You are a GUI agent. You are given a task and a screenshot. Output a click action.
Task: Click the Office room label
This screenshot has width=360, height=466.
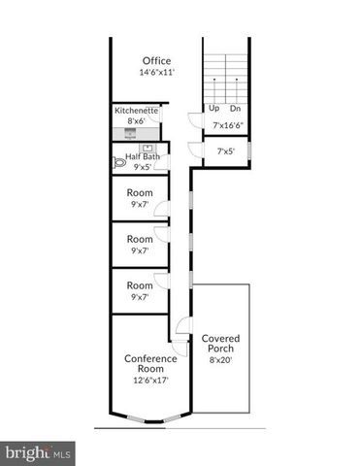tap(155, 60)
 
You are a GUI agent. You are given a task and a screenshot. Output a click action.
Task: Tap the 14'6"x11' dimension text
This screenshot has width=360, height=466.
tap(155, 72)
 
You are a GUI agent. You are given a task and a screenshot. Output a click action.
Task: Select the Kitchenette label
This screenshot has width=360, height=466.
tap(136, 111)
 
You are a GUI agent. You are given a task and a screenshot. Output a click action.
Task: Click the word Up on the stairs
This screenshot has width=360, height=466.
tap(213, 109)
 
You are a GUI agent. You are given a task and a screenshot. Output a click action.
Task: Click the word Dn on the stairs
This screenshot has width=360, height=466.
tap(235, 109)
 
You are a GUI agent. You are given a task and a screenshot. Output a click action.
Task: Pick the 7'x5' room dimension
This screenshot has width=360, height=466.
tap(226, 150)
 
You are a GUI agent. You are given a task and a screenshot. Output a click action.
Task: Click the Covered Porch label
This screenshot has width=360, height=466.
tap(220, 343)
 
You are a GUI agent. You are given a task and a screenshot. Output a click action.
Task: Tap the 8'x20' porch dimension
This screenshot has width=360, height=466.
tap(220, 360)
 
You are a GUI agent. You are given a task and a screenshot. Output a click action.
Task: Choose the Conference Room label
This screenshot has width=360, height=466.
tap(150, 364)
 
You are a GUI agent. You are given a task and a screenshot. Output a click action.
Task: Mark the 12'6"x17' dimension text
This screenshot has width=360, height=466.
tap(150, 381)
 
